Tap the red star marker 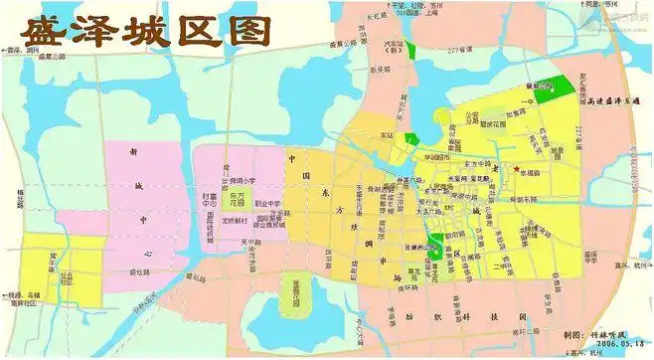[x=517, y=170]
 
